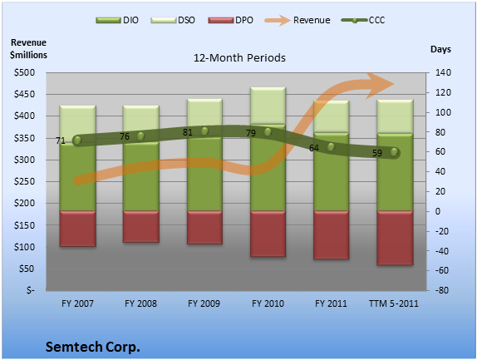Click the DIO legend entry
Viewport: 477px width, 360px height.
(x=117, y=20)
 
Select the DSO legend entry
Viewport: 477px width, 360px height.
(x=173, y=20)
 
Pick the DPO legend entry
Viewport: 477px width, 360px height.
(x=230, y=20)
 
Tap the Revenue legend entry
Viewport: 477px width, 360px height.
(x=298, y=20)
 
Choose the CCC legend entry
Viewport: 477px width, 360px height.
(x=363, y=20)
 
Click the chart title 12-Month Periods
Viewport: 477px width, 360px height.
(x=239, y=58)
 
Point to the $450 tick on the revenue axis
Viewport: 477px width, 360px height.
(x=24, y=94)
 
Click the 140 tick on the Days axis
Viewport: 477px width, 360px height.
(x=442, y=72)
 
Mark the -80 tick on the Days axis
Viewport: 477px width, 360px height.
(x=442, y=290)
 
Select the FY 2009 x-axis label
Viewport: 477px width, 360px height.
(x=204, y=303)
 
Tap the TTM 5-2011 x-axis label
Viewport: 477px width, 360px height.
(x=394, y=303)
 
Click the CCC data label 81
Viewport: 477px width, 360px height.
(x=188, y=133)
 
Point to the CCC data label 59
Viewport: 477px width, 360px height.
(x=377, y=153)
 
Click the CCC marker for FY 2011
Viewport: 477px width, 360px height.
(x=331, y=147)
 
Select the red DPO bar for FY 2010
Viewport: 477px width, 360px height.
(x=268, y=234)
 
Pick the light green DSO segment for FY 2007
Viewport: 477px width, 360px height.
(x=77, y=124)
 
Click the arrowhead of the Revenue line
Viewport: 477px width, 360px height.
(x=381, y=86)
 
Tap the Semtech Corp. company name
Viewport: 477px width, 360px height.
(x=93, y=347)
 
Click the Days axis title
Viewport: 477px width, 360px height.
(x=440, y=49)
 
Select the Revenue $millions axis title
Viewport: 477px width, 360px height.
(x=28, y=49)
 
